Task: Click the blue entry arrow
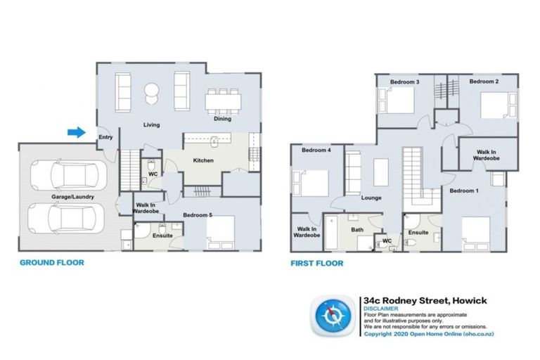tap(76, 131)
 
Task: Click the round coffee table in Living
tap(151, 91)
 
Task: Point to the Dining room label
tap(223, 119)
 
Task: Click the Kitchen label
tap(203, 160)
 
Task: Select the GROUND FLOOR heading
tap(51, 262)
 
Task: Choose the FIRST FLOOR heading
tap(317, 264)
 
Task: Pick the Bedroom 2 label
tap(484, 82)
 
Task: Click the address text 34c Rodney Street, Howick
tap(425, 300)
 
